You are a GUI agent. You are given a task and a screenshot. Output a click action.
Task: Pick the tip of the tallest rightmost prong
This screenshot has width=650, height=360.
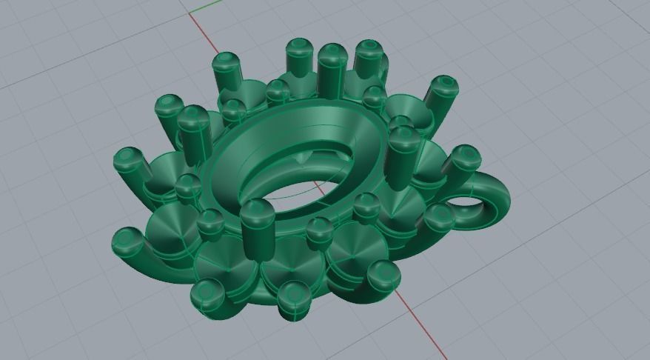point(444,84)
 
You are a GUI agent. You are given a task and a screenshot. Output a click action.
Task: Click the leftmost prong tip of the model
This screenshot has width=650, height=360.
point(127,159)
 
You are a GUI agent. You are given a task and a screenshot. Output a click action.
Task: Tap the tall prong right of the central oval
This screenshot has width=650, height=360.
point(403,156)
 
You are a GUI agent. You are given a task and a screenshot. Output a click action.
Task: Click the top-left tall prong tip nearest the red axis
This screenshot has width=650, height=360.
point(226,62)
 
